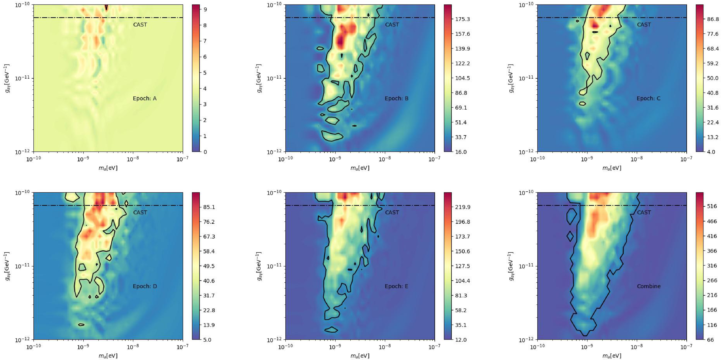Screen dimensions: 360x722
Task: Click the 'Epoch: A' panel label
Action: click(145, 99)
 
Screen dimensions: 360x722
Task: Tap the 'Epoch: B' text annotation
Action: click(396, 99)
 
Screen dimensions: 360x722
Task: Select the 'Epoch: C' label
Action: click(648, 99)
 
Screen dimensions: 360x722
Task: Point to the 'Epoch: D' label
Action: click(145, 286)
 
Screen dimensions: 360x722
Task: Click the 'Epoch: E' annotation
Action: click(396, 286)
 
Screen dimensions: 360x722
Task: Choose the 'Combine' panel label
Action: click(649, 286)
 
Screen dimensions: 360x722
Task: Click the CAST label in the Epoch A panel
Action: click(140, 25)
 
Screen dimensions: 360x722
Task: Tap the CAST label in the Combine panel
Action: click(644, 213)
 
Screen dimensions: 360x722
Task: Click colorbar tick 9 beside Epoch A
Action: click(205, 10)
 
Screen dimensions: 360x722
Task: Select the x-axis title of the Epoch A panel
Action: click(108, 168)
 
